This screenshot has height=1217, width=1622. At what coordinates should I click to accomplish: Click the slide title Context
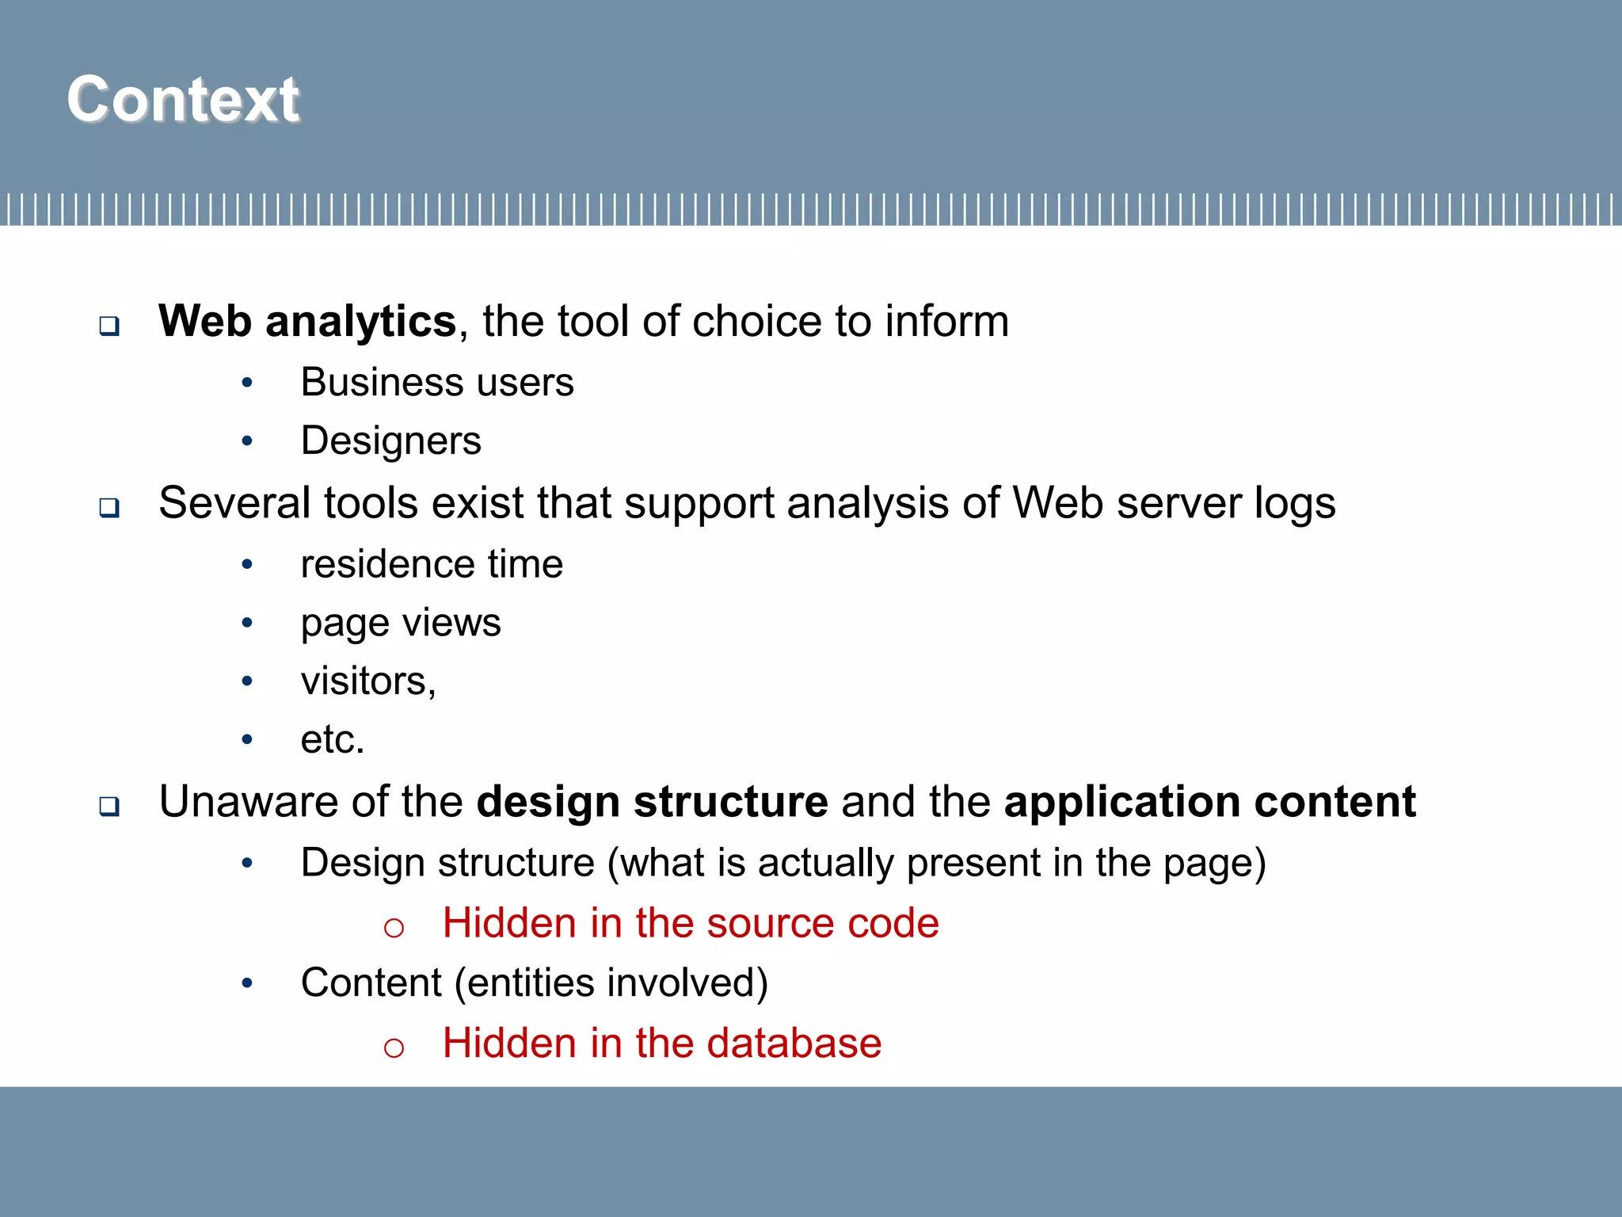tap(183, 99)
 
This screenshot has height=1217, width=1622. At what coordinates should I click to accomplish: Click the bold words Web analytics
tap(307, 322)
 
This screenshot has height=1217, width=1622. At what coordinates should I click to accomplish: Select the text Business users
tap(437, 383)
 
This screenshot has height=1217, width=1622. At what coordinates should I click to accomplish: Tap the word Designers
tap(390, 441)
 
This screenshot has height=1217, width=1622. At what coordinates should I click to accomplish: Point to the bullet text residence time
tap(432, 565)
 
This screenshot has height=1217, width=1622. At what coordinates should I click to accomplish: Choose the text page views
tap(401, 624)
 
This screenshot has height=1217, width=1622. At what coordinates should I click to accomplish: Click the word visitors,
tap(368, 681)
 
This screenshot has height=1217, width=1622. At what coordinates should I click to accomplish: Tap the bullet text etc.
tap(332, 740)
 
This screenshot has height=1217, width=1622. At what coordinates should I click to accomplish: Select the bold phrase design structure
tap(652, 802)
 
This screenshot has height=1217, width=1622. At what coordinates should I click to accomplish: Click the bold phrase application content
tap(1209, 802)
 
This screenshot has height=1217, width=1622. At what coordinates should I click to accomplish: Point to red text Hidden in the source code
tap(691, 924)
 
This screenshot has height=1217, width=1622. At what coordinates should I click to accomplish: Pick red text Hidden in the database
tap(661, 1043)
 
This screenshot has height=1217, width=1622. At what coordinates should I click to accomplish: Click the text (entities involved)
tap(611, 983)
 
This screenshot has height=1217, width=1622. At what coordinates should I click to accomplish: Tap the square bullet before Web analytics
tap(109, 326)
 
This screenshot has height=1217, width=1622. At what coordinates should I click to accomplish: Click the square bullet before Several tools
tap(109, 507)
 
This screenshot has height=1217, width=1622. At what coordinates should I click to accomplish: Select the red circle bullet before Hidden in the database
tap(394, 1047)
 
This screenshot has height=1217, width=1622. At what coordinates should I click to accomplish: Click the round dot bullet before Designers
tap(247, 441)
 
